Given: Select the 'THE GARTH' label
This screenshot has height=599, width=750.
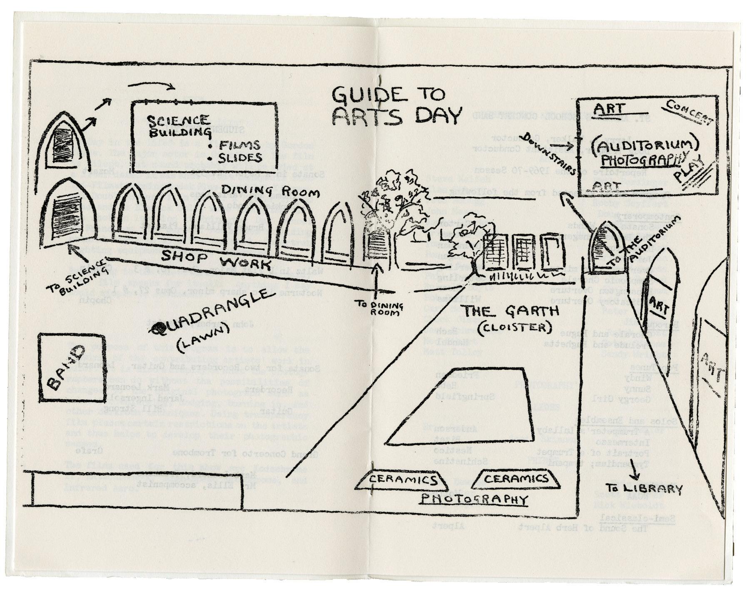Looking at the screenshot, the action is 511,311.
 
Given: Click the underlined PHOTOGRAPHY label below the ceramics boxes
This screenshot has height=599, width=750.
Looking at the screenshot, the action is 473,499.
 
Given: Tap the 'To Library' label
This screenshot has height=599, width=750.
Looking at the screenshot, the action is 644,489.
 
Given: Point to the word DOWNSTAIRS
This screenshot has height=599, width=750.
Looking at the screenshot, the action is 555,153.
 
